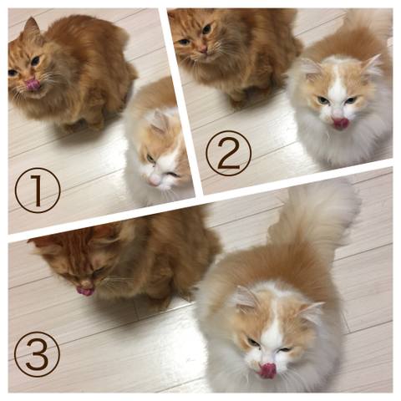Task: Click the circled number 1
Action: point(38,190)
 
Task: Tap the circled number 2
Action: point(229,154)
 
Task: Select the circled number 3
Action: point(37,353)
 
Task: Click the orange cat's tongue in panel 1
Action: point(32,84)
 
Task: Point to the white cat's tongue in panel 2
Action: point(339,123)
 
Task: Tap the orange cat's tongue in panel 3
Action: point(85,291)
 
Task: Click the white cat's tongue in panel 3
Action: point(266,371)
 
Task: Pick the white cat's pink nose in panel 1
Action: point(153,180)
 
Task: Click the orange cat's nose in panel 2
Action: point(204,50)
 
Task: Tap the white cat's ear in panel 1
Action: point(160,122)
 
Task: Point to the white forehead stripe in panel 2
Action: point(338,84)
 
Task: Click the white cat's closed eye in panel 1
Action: point(173,175)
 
